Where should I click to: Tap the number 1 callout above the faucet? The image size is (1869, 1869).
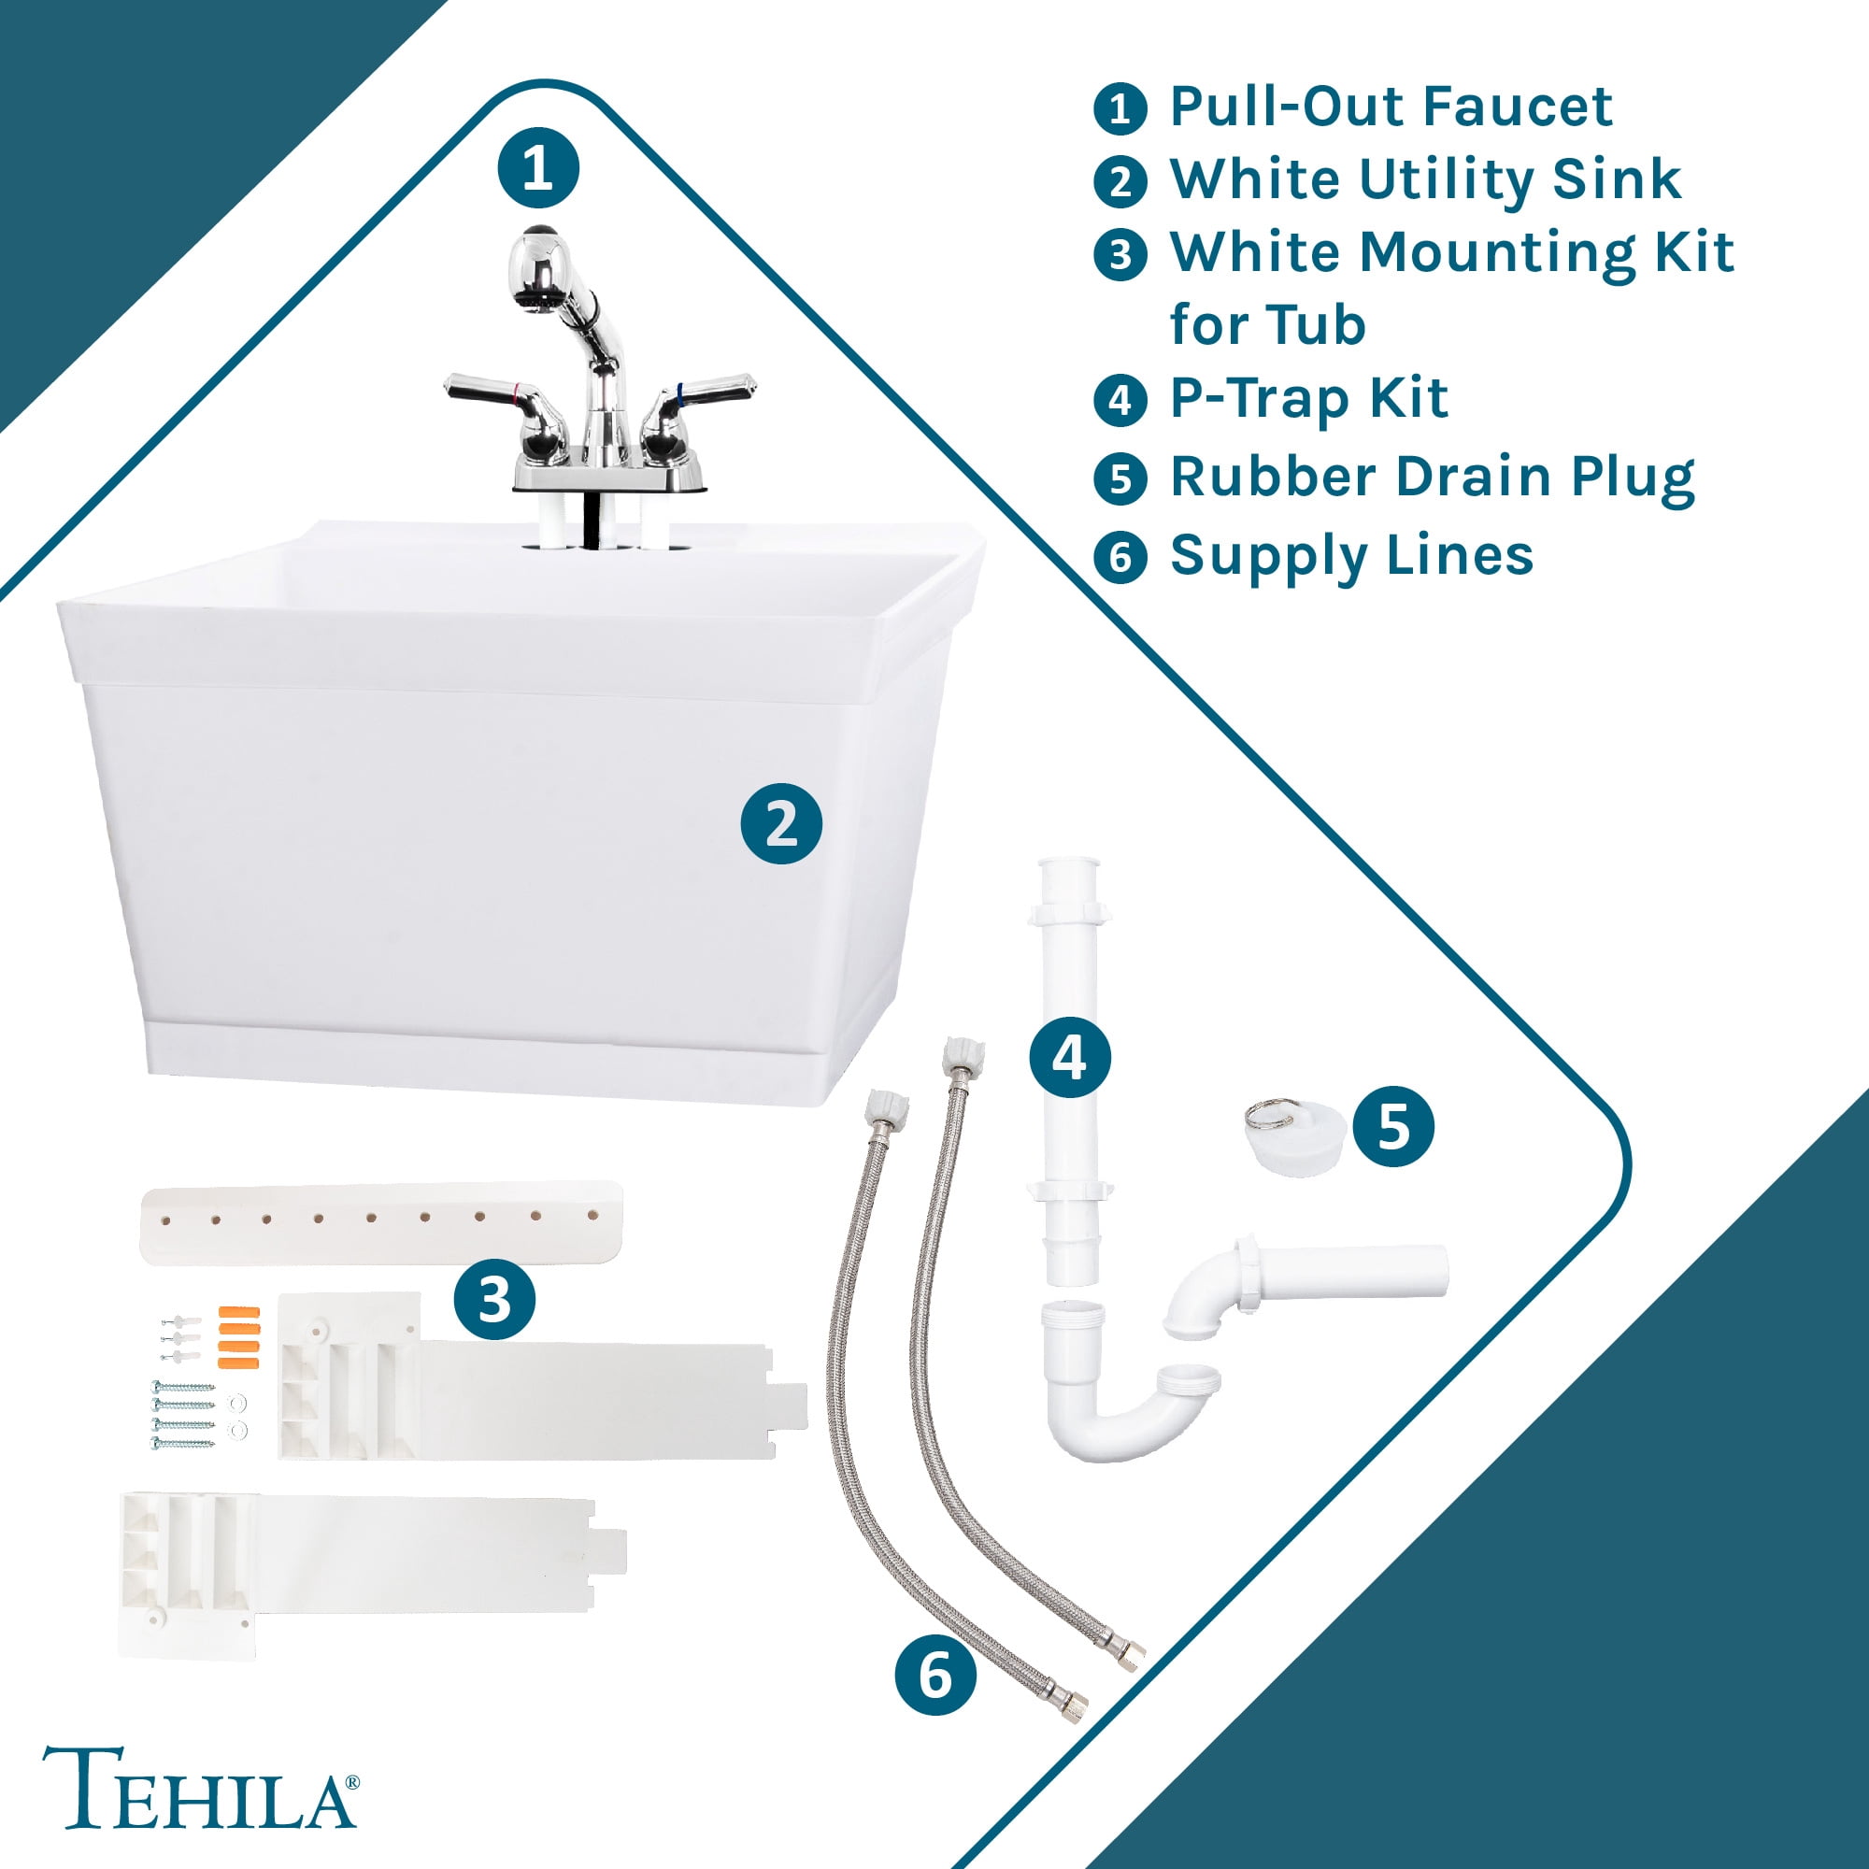(538, 168)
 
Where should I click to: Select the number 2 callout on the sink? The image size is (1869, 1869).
(780, 824)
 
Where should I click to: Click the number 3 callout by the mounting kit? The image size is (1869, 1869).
(494, 1298)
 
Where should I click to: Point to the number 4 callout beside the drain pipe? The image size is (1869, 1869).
(1069, 1059)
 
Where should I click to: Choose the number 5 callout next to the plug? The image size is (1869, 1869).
(1393, 1126)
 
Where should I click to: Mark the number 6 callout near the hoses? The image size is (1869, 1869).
(934, 1675)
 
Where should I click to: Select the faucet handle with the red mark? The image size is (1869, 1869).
(507, 411)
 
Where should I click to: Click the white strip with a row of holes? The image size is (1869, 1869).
(381, 1222)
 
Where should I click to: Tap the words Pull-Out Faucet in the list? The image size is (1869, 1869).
(1391, 107)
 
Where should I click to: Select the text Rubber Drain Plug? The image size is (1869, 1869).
(1432, 478)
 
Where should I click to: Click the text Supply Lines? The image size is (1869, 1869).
(1351, 556)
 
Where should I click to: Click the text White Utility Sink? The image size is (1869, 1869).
(1426, 180)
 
